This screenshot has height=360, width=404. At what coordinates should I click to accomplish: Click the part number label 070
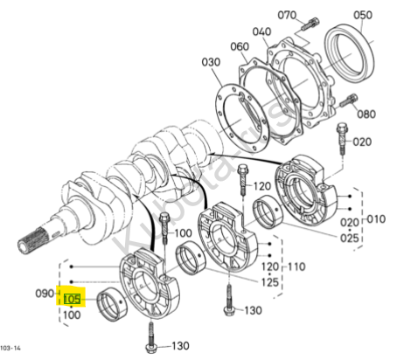pyautogui.click(x=287, y=15)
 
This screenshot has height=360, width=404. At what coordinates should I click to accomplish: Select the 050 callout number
pyautogui.click(x=363, y=15)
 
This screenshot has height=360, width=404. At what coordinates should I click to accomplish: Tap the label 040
pyautogui.click(x=261, y=31)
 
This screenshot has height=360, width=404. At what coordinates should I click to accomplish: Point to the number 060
pyautogui.click(x=240, y=46)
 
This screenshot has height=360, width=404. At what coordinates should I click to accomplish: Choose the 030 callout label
pyautogui.click(x=211, y=62)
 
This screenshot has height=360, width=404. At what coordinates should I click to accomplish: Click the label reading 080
pyautogui.click(x=366, y=114)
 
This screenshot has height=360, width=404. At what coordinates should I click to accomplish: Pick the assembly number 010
pyautogui.click(x=376, y=219)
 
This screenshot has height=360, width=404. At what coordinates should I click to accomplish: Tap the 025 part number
pyautogui.click(x=350, y=239)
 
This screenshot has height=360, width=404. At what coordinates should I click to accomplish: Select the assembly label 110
pyautogui.click(x=296, y=267)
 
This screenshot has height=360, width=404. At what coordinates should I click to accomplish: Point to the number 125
pyautogui.click(x=269, y=282)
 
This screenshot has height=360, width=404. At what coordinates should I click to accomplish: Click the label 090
pyautogui.click(x=45, y=294)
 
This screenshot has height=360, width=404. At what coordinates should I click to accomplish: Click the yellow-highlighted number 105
pyautogui.click(x=72, y=299)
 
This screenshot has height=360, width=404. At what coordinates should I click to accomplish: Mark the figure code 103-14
pyautogui.click(x=10, y=348)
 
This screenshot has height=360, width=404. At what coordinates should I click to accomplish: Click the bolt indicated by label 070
pyautogui.click(x=310, y=24)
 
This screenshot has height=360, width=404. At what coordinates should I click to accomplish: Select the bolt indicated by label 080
pyautogui.click(x=349, y=100)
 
